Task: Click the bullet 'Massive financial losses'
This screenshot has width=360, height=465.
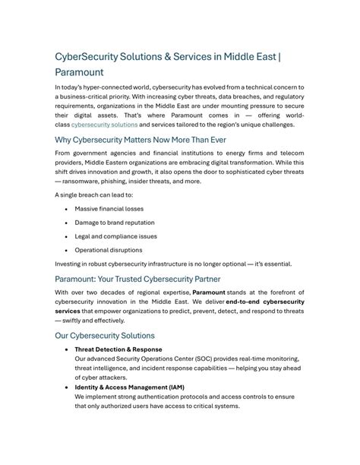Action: click(x=109, y=208)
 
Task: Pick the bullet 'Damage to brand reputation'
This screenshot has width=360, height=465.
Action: click(x=114, y=223)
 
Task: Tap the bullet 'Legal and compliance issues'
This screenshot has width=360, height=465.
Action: click(x=115, y=236)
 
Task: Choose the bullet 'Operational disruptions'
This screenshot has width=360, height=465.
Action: click(x=109, y=250)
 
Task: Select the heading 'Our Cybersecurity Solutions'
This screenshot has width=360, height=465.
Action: click(x=105, y=335)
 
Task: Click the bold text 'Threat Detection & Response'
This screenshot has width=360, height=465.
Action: click(x=118, y=350)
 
